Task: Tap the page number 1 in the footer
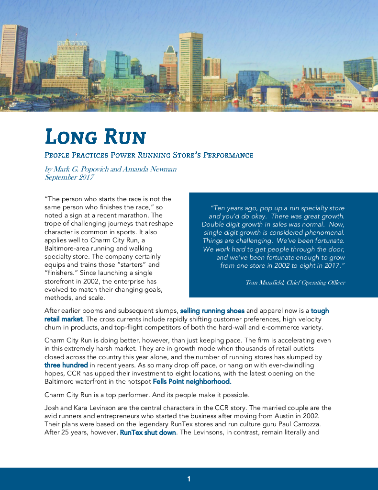point(189,479)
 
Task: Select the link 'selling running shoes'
point(212,311)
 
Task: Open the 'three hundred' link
point(66,365)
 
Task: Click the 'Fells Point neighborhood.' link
point(192,382)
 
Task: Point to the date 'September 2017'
point(69,177)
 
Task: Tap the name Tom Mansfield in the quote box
point(264,283)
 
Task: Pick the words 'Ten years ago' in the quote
point(233,208)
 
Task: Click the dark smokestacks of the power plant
point(313,73)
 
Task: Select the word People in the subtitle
point(58,155)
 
